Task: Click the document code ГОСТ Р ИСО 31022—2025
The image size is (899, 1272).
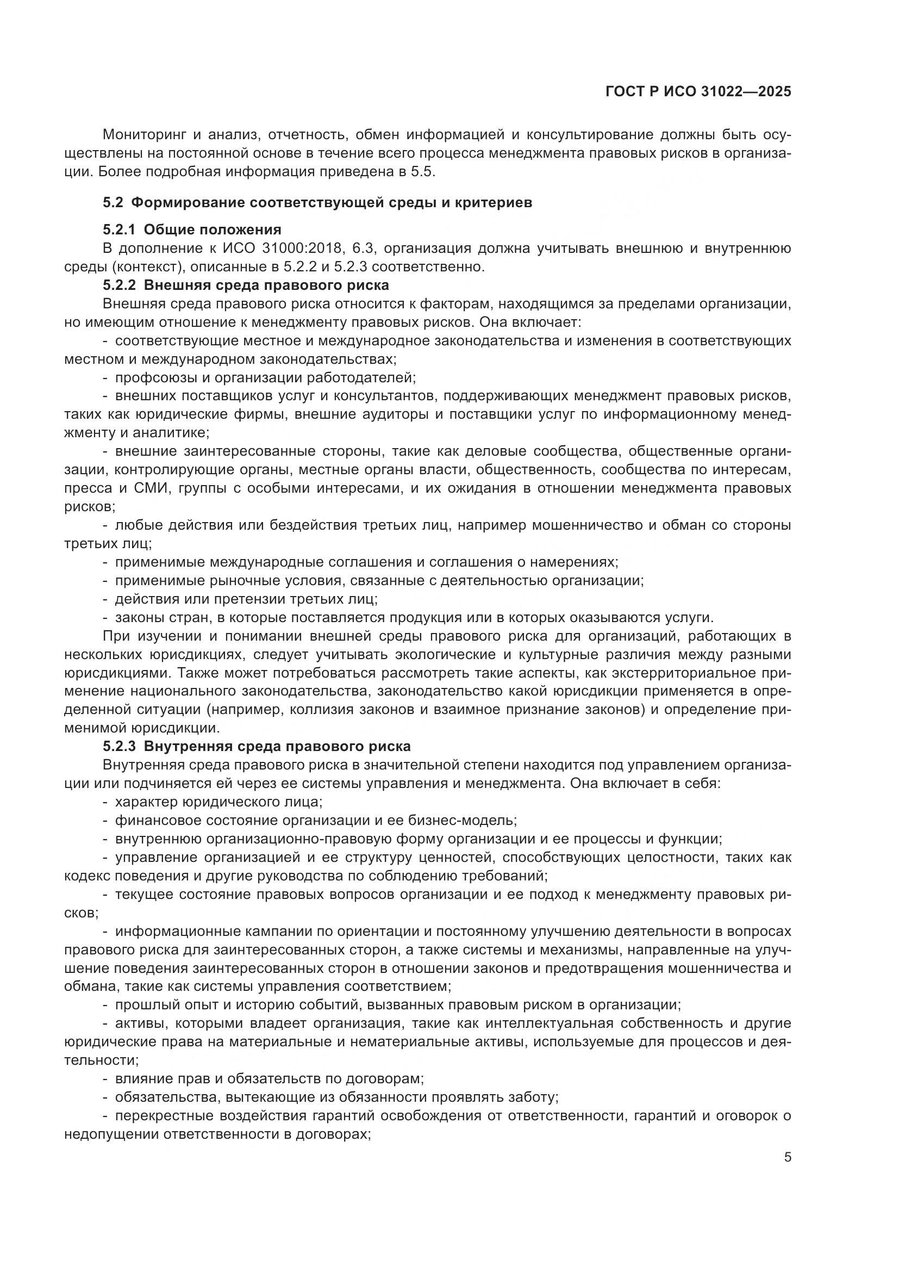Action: [x=698, y=92]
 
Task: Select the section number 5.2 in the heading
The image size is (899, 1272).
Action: [x=113, y=203]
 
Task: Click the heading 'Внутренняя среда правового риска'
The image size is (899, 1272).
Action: [x=277, y=746]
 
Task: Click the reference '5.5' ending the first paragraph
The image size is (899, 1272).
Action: [x=423, y=172]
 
